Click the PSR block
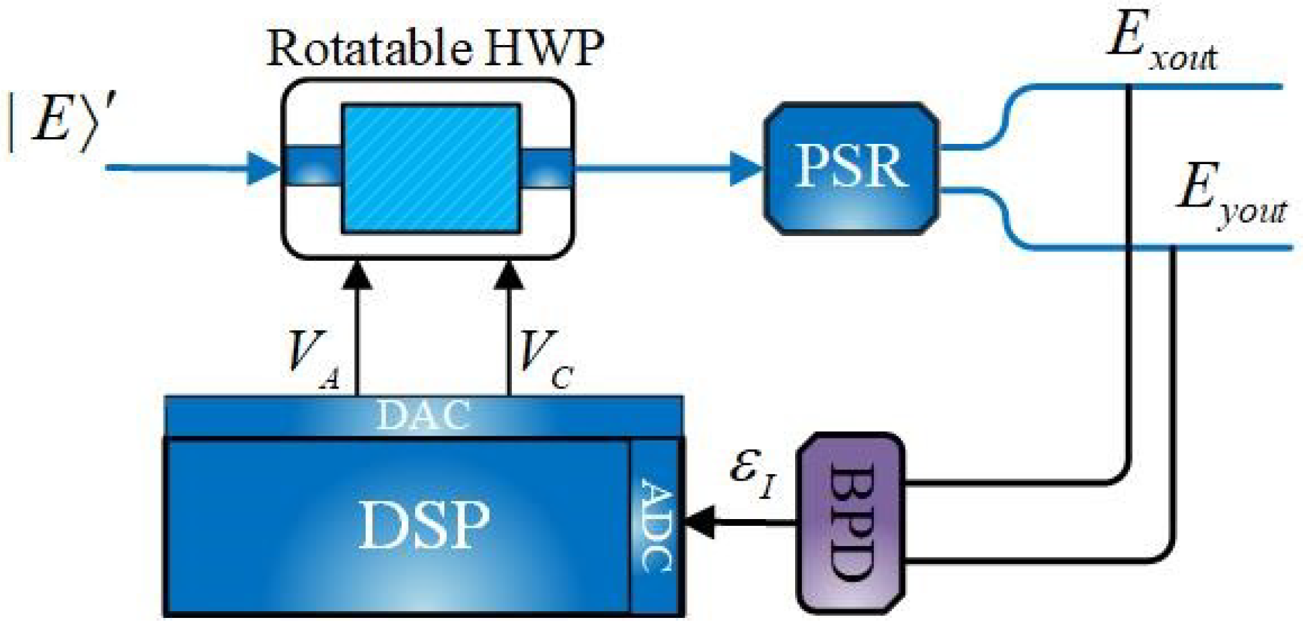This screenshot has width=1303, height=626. point(851,168)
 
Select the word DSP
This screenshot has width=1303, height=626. point(424,524)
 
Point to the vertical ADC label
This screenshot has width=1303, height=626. point(656,524)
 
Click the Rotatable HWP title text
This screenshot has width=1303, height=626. point(435,48)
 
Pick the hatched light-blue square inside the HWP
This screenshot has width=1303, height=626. point(431,168)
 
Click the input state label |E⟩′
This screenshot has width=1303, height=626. point(61,121)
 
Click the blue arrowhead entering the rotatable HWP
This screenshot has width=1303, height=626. point(262,168)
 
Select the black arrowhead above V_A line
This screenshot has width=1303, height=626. point(357,276)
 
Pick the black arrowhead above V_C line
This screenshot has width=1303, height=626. point(509,276)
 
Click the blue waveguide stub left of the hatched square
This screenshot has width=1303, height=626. point(313,166)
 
